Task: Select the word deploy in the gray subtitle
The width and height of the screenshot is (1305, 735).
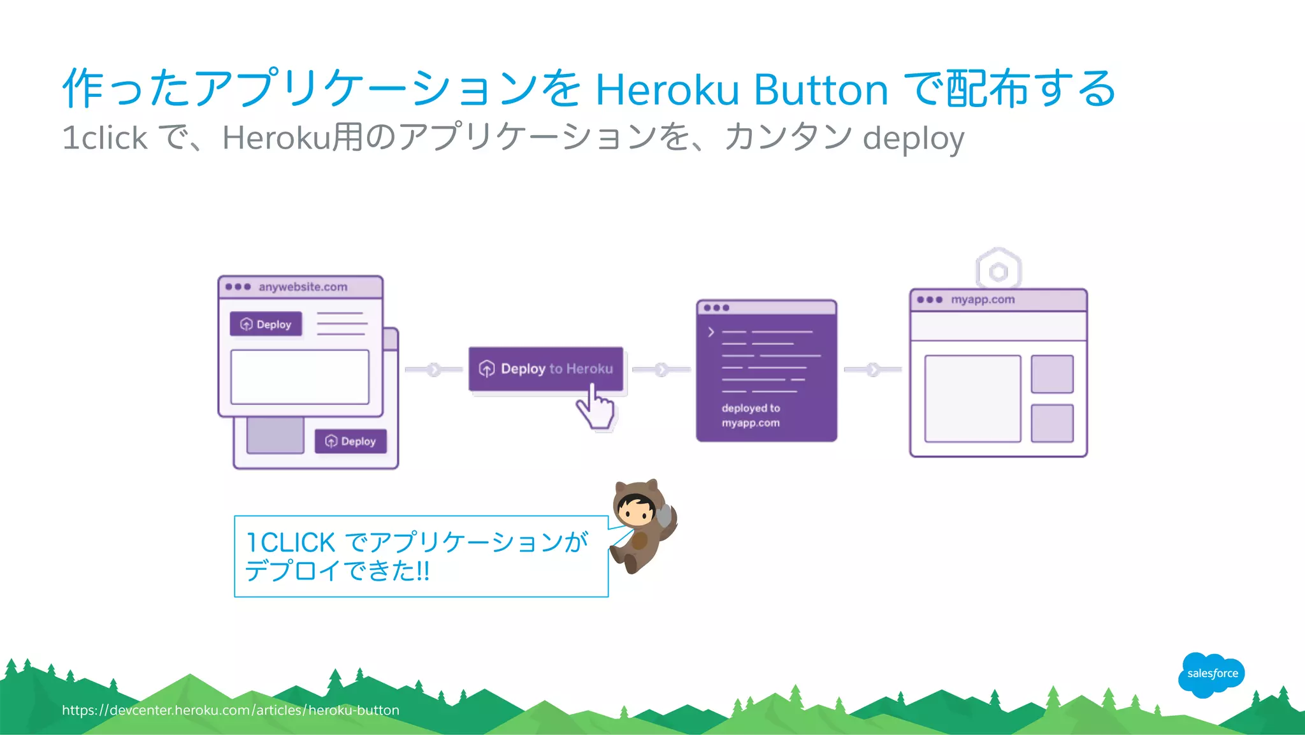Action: coord(913,138)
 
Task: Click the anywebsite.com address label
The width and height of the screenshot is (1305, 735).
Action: coord(303,287)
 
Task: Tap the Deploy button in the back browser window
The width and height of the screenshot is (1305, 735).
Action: coord(350,441)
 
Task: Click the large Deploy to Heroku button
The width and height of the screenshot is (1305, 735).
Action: coord(545,368)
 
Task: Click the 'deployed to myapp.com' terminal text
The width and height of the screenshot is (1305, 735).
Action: coord(751,416)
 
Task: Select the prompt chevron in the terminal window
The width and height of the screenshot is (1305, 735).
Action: coord(711,332)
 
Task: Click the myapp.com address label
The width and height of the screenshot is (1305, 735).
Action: coord(983,300)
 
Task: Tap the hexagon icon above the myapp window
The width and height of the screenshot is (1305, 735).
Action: coord(999,271)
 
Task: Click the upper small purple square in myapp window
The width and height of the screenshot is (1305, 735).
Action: coord(1052,374)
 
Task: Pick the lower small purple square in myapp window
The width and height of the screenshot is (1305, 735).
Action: coord(1052,423)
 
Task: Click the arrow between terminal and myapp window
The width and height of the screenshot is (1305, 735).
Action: coord(873,369)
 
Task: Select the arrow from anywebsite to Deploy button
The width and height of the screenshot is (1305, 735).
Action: coord(434,369)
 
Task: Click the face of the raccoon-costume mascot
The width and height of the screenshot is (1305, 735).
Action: coord(636,510)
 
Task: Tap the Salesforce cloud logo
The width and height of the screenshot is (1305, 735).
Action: coord(1211,674)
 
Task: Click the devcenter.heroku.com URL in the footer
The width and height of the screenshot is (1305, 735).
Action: coord(231,710)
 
